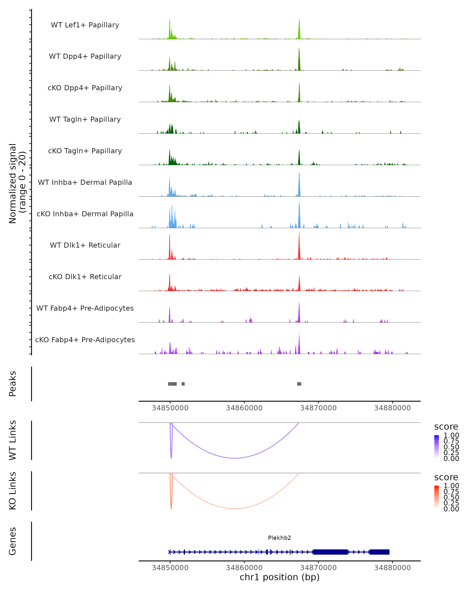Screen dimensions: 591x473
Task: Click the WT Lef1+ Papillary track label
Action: coord(85,25)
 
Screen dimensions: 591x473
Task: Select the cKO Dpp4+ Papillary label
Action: coord(85,88)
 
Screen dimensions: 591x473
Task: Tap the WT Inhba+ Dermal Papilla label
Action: coord(85,183)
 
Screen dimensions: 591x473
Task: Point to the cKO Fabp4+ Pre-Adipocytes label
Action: coord(85,340)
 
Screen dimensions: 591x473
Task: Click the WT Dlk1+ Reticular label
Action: coord(85,245)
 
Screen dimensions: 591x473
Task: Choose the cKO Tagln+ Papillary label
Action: coord(85,151)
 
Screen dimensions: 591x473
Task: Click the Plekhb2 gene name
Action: coord(279,538)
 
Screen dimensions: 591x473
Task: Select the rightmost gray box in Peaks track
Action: coord(299,384)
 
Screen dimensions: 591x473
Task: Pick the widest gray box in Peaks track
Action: coord(172,384)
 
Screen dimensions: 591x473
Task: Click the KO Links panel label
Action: coord(13,491)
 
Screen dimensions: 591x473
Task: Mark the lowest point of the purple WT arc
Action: coord(235,458)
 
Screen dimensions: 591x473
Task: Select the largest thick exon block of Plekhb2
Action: coord(331,552)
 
